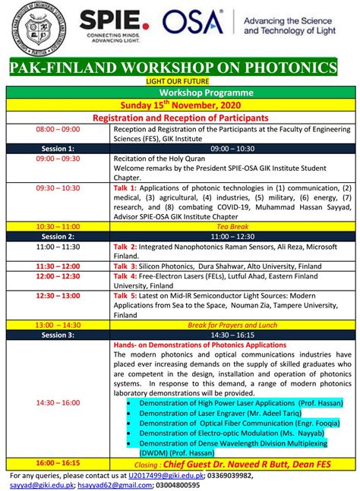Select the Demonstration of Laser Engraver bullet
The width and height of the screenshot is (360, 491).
(x=216, y=414)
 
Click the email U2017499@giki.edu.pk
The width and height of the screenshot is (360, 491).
(x=166, y=474)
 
